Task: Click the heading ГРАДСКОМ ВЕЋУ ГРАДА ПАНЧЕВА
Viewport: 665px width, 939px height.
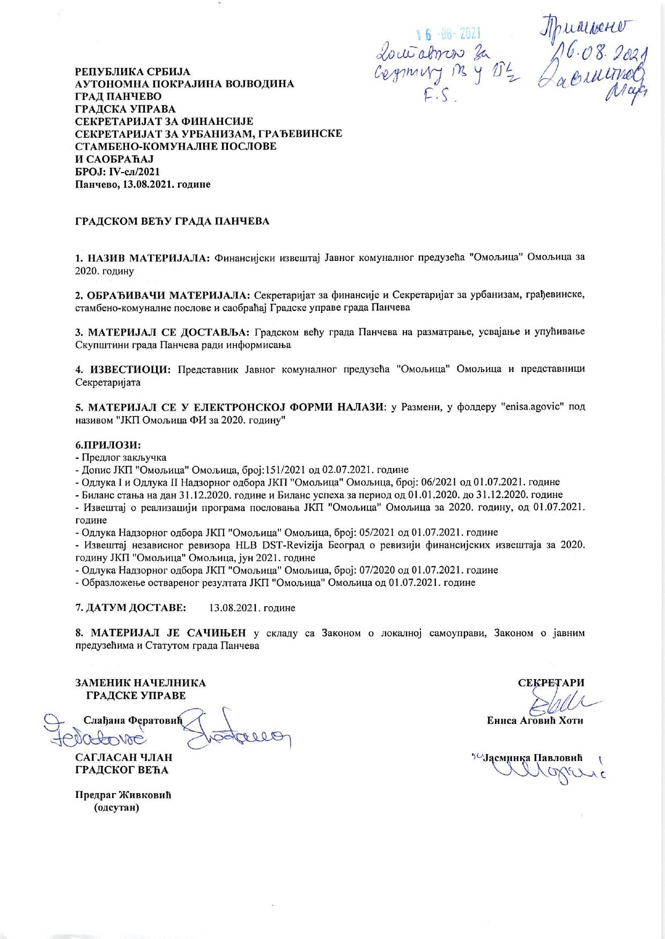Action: click(172, 221)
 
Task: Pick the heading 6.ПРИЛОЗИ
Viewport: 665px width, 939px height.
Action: click(108, 445)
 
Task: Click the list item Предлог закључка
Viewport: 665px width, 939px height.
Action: click(123, 457)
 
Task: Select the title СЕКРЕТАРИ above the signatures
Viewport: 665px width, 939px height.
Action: click(551, 683)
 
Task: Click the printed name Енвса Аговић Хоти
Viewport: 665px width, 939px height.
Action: click(535, 721)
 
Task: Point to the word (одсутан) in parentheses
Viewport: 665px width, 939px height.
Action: click(116, 808)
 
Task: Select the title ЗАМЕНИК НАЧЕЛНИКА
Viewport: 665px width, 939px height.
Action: click(141, 683)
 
